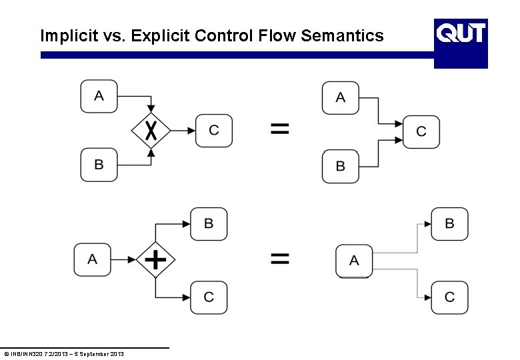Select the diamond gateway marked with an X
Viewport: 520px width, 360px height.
point(151,131)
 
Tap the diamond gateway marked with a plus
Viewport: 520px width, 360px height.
point(155,259)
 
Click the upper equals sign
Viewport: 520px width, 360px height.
point(280,129)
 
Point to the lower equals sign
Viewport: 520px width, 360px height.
point(280,259)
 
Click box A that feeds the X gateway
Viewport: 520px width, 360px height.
point(99,96)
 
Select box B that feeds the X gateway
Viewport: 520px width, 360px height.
point(99,165)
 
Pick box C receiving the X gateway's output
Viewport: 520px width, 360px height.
point(214,131)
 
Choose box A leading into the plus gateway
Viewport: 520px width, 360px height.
point(92,259)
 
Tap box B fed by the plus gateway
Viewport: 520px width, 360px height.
point(209,224)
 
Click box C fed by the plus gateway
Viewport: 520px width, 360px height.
point(209,297)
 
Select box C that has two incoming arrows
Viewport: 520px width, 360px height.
point(421,132)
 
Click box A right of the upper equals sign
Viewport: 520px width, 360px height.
point(341,98)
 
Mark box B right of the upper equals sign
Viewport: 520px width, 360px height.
point(341,167)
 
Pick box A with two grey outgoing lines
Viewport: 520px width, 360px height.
point(353,261)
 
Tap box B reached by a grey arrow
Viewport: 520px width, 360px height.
point(449,224)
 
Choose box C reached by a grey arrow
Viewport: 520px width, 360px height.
point(449,297)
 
